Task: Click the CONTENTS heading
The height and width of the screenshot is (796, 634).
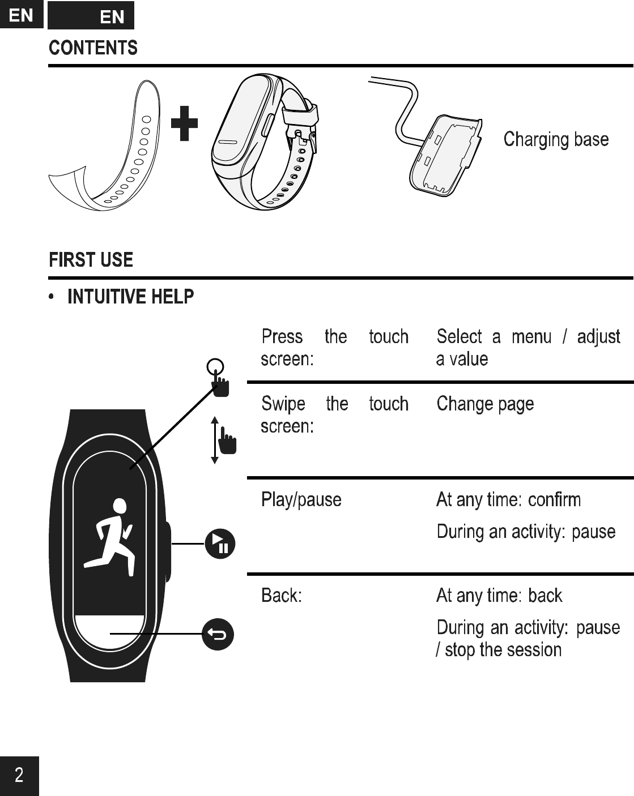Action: click(93, 48)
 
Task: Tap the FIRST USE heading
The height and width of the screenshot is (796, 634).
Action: click(91, 260)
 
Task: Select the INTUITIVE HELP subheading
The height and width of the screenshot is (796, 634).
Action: click(130, 296)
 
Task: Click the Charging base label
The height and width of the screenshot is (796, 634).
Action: click(556, 139)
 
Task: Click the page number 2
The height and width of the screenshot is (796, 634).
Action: click(19, 775)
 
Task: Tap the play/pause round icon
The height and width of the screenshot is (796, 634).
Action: click(220, 543)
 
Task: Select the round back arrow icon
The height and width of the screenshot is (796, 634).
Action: click(218, 634)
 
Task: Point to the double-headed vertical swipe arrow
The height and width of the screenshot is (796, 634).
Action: click(215, 440)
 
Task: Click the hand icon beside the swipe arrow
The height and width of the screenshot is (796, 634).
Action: click(228, 441)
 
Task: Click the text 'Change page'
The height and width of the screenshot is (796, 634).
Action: click(485, 404)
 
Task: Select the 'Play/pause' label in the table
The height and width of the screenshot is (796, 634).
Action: click(301, 500)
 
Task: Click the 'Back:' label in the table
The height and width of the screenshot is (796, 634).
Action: click(281, 596)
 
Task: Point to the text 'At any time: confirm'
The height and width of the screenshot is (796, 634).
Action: click(508, 500)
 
